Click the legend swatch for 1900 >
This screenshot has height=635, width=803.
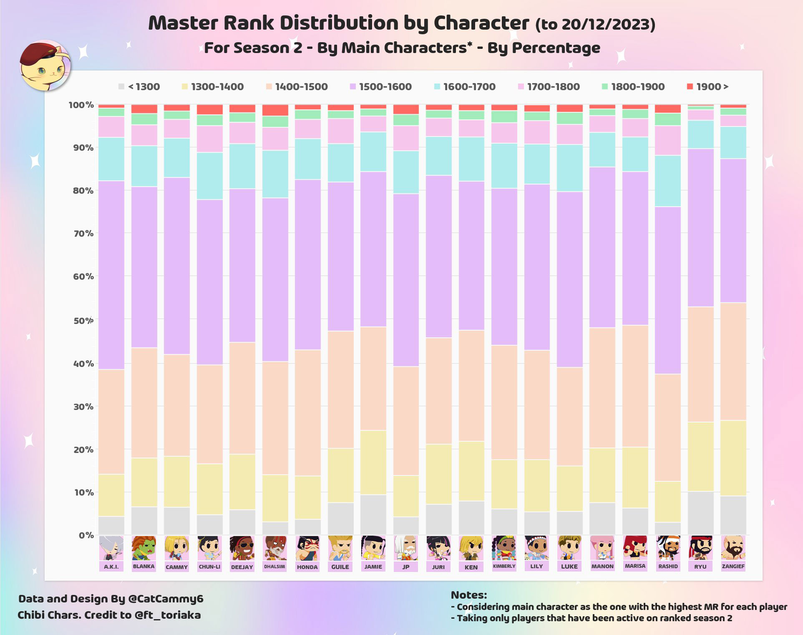(690, 86)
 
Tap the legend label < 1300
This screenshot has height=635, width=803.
(144, 87)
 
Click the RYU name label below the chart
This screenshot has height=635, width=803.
(700, 567)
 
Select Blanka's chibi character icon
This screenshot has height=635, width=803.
(144, 548)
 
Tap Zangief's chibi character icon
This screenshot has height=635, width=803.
(733, 548)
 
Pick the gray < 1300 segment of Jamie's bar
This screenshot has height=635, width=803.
(373, 515)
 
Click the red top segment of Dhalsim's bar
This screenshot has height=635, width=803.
(275, 110)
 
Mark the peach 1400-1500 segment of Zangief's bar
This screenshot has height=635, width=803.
(733, 361)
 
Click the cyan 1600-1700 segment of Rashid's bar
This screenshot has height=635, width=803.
(668, 181)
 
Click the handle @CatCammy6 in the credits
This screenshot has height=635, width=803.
(166, 599)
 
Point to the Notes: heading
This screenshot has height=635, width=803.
(468, 595)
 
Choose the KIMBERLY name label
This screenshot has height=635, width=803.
(504, 566)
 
